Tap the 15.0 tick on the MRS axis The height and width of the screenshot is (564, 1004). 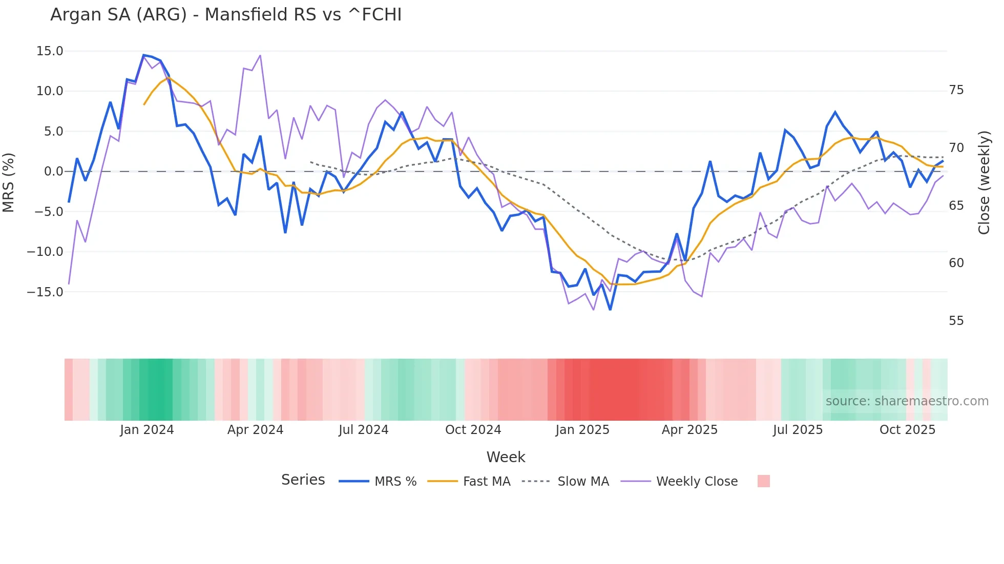[x=50, y=51]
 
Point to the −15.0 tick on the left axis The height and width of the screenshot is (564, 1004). [x=45, y=292]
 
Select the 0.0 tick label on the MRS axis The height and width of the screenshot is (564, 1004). [x=53, y=171]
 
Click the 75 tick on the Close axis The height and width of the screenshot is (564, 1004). [x=956, y=90]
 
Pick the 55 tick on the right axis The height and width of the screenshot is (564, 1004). [x=956, y=321]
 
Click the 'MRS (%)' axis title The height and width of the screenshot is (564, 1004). [x=9, y=182]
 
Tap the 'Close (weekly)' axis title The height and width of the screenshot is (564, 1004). [x=984, y=182]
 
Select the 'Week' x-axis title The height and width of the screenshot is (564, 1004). [x=506, y=457]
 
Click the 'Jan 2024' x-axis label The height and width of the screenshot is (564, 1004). [x=147, y=430]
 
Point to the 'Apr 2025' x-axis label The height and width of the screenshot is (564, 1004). [x=689, y=430]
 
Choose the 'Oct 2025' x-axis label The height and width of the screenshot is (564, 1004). [x=907, y=430]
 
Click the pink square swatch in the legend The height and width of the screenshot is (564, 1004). [x=763, y=481]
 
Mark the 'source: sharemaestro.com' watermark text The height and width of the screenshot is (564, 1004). [x=907, y=401]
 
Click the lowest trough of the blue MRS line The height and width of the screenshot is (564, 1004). [x=610, y=310]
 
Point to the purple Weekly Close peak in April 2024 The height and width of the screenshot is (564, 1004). [x=260, y=55]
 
